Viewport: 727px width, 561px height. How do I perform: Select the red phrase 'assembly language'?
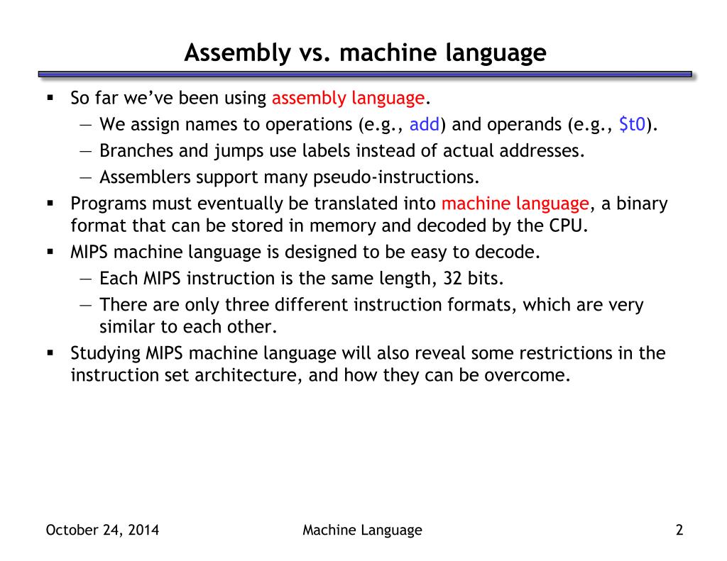point(348,98)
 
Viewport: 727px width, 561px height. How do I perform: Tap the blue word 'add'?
point(425,125)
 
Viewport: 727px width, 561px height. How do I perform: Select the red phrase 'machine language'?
point(515,204)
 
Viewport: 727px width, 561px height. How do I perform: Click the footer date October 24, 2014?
point(102,530)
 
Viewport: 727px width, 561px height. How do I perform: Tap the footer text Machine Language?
point(362,530)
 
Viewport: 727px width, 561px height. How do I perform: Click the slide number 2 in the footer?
point(679,530)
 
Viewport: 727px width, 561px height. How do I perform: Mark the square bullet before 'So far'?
point(50,97)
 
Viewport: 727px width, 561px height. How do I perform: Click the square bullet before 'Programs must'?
point(50,204)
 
